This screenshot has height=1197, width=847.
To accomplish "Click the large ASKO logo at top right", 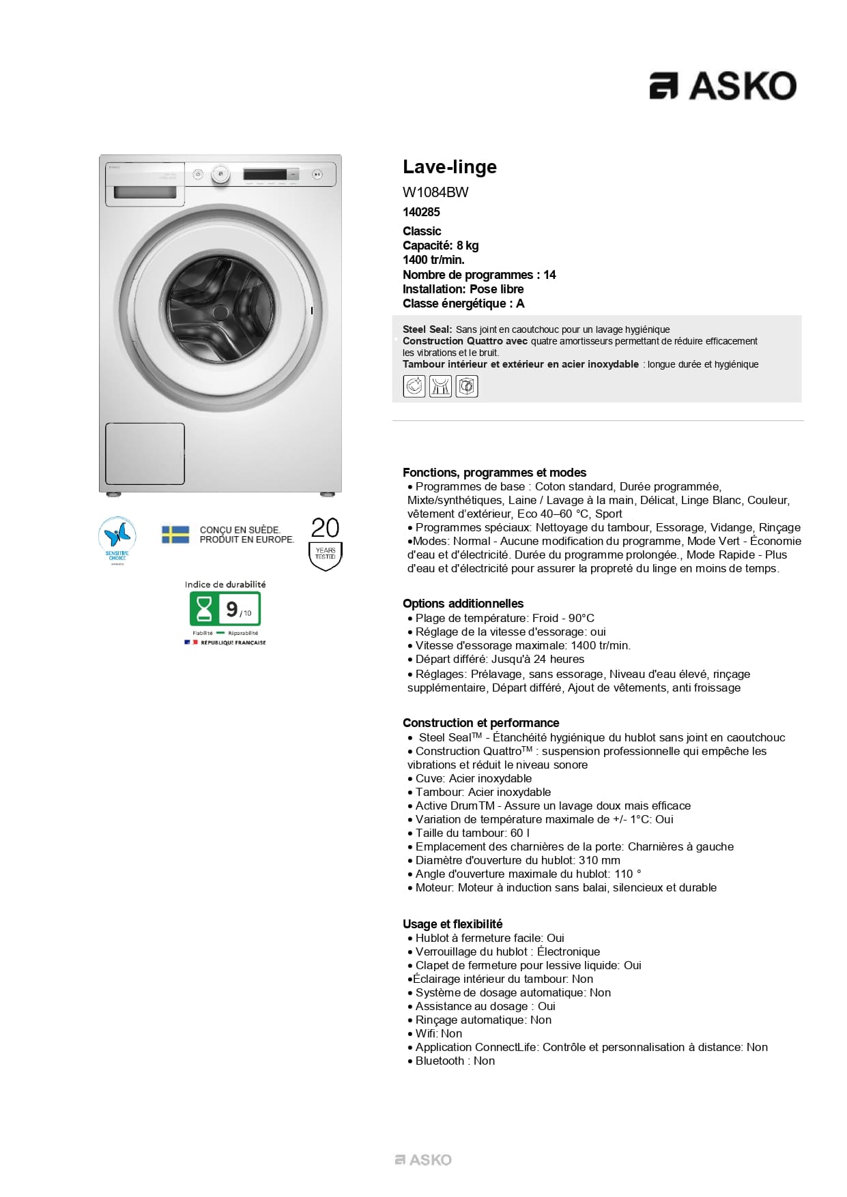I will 722,86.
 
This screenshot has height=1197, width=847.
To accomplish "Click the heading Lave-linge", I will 449,167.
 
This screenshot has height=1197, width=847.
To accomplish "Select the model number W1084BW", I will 435,192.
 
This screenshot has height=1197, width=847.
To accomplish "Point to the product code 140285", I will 421,212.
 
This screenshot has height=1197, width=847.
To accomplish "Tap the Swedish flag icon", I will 175,534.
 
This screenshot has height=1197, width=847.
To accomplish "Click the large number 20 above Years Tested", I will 325,528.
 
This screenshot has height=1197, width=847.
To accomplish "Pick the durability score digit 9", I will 232,609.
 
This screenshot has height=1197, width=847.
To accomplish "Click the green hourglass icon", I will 203,609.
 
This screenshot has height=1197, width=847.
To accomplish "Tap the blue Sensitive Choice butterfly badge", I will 117,537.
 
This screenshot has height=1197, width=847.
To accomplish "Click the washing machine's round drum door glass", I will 220,310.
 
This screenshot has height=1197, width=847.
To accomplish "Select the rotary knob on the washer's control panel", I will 220,174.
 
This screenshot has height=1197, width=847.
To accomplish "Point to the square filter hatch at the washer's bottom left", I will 145,454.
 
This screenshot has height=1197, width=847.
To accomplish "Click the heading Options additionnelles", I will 463,604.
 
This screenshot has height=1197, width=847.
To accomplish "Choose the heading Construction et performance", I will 480,723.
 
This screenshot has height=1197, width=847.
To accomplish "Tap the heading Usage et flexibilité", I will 453,924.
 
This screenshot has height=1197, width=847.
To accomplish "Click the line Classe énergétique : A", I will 463,304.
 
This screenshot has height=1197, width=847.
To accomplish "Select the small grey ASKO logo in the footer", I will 423,1159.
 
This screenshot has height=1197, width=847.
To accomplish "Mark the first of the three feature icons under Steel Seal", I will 414,387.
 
